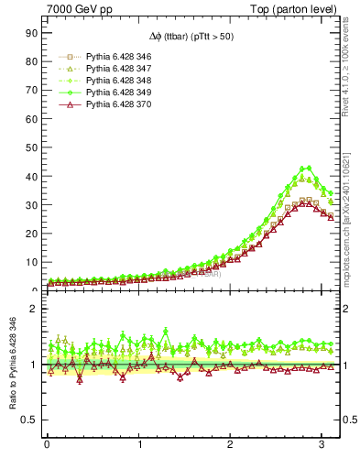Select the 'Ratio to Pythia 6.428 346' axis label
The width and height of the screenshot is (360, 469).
pyautogui.click(x=12, y=364)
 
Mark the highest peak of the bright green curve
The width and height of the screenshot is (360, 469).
pyautogui.click(x=307, y=168)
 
